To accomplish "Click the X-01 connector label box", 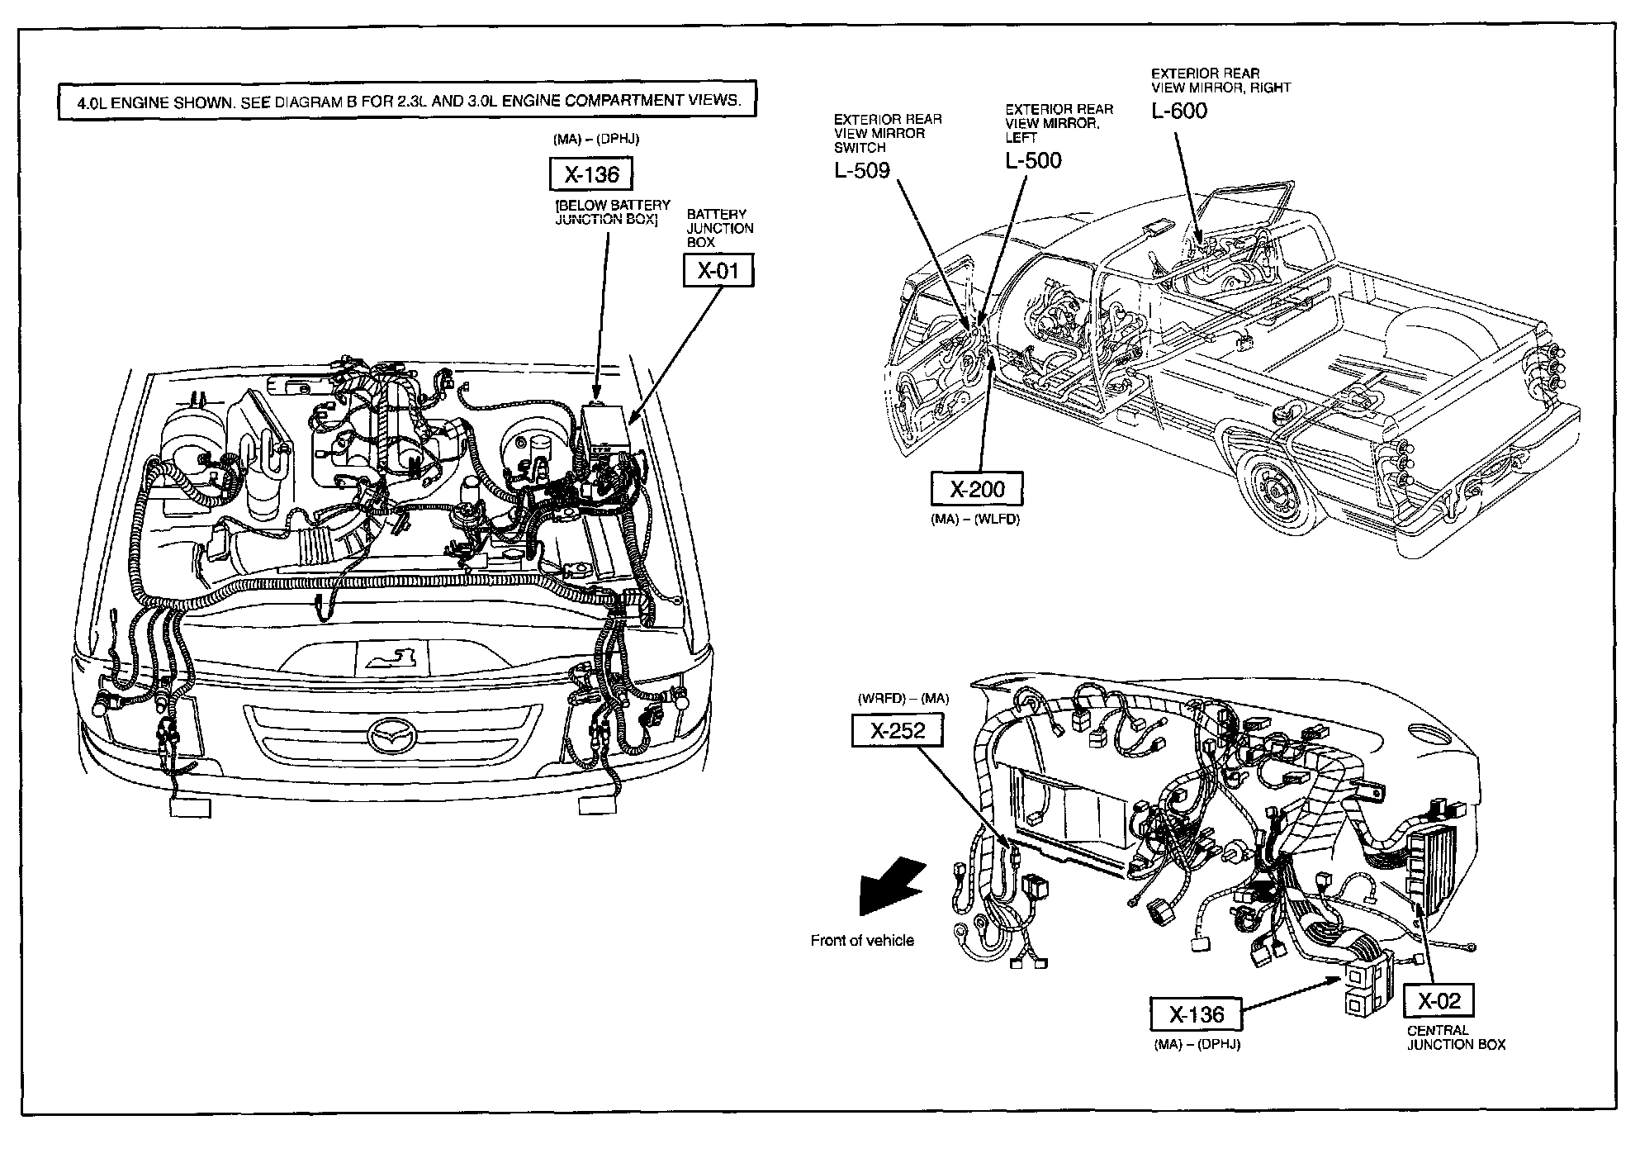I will click(x=718, y=271).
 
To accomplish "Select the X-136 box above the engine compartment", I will click(x=590, y=175).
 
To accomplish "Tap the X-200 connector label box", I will click(x=977, y=489).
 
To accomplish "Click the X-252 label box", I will click(x=898, y=730).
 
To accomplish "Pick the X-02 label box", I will click(x=1439, y=1001).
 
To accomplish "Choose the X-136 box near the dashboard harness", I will click(x=1197, y=1013).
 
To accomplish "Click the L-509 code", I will click(x=861, y=170).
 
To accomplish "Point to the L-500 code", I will click(x=1033, y=160).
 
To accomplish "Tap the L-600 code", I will click(x=1179, y=111).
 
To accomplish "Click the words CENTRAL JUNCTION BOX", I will click(x=1456, y=1037).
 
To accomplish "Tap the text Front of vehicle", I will click(x=862, y=940).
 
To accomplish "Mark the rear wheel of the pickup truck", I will click(x=1276, y=496).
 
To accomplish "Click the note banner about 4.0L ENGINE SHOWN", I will click(x=406, y=101).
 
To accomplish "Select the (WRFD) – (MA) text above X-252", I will click(x=903, y=698).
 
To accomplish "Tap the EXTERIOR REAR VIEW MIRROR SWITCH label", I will click(x=887, y=133).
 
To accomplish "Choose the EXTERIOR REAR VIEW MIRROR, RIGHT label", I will click(x=1221, y=80).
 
